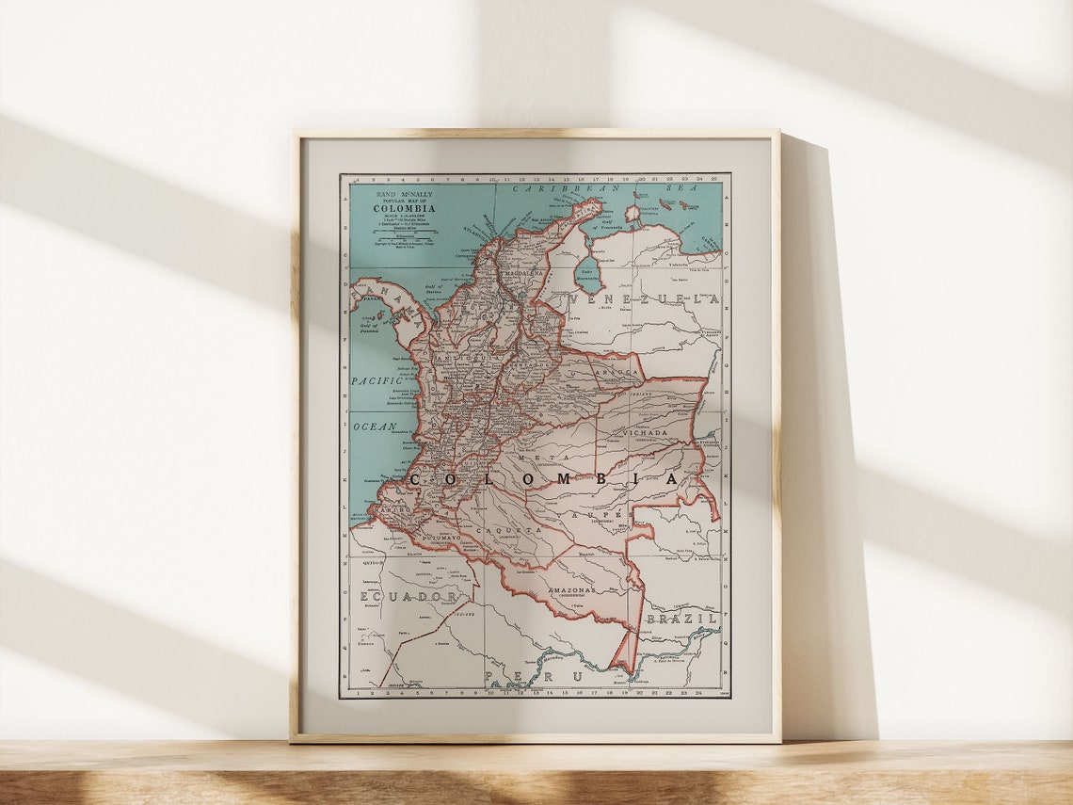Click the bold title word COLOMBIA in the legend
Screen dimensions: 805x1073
[x=407, y=208]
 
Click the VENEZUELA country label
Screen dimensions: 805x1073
[x=644, y=299]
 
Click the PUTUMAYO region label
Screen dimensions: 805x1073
[x=440, y=538]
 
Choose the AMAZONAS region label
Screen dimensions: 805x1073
[x=571, y=589]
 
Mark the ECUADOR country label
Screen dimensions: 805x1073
[x=408, y=597]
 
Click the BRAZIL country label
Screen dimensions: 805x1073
[x=681, y=619]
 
